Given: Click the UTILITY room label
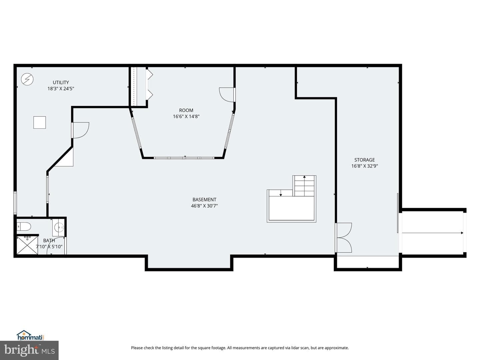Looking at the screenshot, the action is pyautogui.click(x=61, y=82).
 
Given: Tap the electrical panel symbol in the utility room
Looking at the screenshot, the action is pyautogui.click(x=27, y=79).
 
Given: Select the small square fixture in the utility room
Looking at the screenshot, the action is pyautogui.click(x=40, y=122).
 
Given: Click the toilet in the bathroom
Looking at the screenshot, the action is pyautogui.click(x=24, y=227).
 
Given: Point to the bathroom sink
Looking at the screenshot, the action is pyautogui.click(x=59, y=227).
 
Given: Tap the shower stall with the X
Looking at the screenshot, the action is pyautogui.click(x=27, y=245).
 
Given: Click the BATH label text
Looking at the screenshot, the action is pyautogui.click(x=49, y=240).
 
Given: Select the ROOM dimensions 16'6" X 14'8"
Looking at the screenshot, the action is pyautogui.click(x=186, y=117).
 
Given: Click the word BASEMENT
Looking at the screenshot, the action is pyautogui.click(x=204, y=200).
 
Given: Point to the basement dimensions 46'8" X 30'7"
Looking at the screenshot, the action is pyautogui.click(x=204, y=206).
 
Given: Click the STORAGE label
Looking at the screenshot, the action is pyautogui.click(x=365, y=160).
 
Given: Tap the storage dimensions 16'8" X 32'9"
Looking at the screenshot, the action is pyautogui.click(x=365, y=166).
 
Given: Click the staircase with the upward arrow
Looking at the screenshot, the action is pyautogui.click(x=304, y=186).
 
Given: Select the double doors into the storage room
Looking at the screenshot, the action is pyautogui.click(x=344, y=238).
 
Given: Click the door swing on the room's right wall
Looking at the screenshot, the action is pyautogui.click(x=227, y=95).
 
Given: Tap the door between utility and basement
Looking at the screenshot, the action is pyautogui.click(x=80, y=130).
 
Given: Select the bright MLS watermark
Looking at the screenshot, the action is pyautogui.click(x=29, y=350).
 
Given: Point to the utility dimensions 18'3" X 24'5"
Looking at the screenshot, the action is pyautogui.click(x=61, y=89).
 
